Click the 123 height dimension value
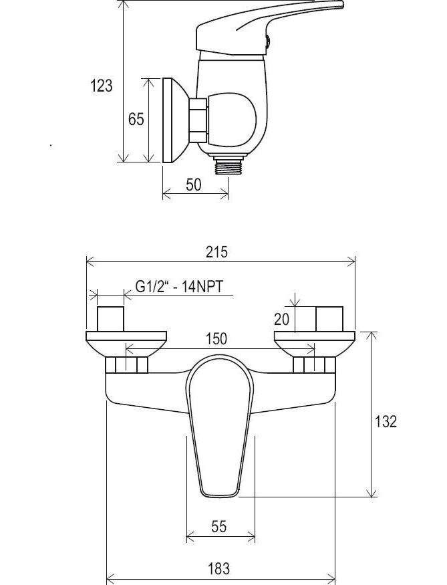click(x=101, y=86)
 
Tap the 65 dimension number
click(x=136, y=120)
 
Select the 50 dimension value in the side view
click(x=193, y=185)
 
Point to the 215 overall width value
click(x=216, y=252)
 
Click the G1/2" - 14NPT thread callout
click(x=179, y=287)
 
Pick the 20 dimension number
click(x=281, y=319)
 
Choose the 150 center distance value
click(x=216, y=339)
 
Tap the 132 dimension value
click(x=386, y=422)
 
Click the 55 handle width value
click(x=218, y=526)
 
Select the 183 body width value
click(x=218, y=569)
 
